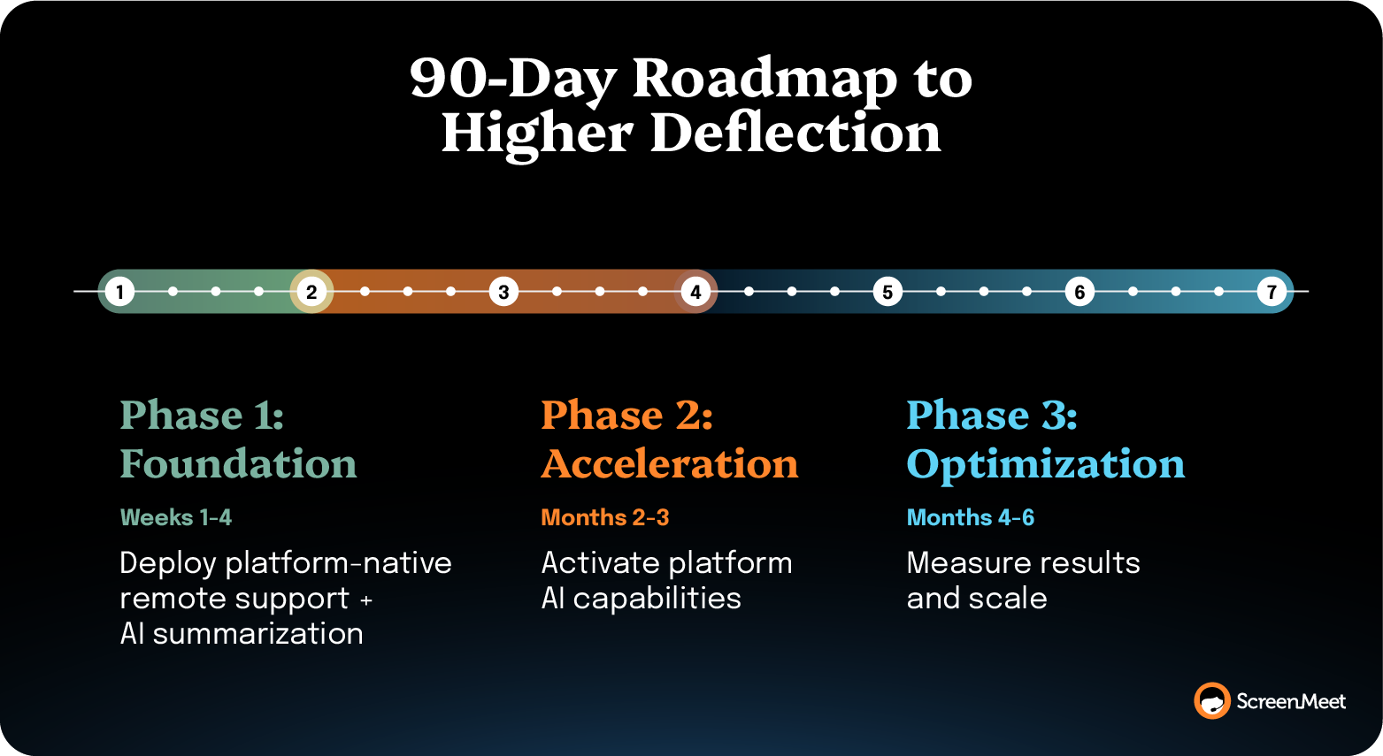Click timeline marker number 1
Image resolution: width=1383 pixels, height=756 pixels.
[119, 292]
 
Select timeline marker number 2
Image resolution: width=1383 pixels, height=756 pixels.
[311, 292]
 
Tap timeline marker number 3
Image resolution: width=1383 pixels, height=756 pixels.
[503, 292]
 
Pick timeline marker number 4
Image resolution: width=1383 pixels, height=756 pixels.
[695, 292]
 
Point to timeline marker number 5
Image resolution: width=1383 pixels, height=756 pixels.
[887, 292]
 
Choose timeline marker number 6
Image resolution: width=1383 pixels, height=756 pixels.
[1080, 292]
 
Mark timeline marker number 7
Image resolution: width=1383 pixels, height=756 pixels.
[1272, 292]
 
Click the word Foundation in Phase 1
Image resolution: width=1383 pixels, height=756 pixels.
[238, 464]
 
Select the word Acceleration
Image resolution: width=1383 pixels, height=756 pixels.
[670, 464]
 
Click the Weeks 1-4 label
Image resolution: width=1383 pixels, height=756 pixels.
[175, 517]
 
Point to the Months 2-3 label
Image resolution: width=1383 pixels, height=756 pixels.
[604, 517]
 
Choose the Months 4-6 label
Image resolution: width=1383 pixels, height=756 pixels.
[970, 517]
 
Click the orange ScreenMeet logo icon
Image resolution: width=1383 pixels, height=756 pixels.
[1211, 701]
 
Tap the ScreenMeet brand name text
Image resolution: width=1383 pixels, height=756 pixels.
[1290, 702]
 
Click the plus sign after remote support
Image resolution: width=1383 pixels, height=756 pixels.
[366, 600]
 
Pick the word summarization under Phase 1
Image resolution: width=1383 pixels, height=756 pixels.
[257, 634]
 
